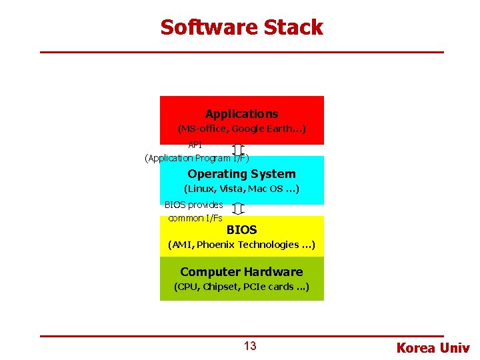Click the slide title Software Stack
click(x=241, y=27)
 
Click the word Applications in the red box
click(x=241, y=114)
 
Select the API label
click(x=195, y=145)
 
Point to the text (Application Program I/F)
click(x=197, y=159)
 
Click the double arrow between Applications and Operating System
click(x=238, y=151)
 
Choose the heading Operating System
click(x=241, y=174)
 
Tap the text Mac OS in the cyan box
click(x=266, y=189)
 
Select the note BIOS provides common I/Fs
click(x=194, y=211)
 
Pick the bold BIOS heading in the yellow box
click(x=241, y=230)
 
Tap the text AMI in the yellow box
click(x=182, y=245)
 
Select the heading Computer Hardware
click(x=241, y=272)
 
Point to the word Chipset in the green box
click(x=220, y=288)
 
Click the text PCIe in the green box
click(x=256, y=288)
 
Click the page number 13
click(x=250, y=346)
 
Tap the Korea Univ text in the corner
click(x=433, y=348)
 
